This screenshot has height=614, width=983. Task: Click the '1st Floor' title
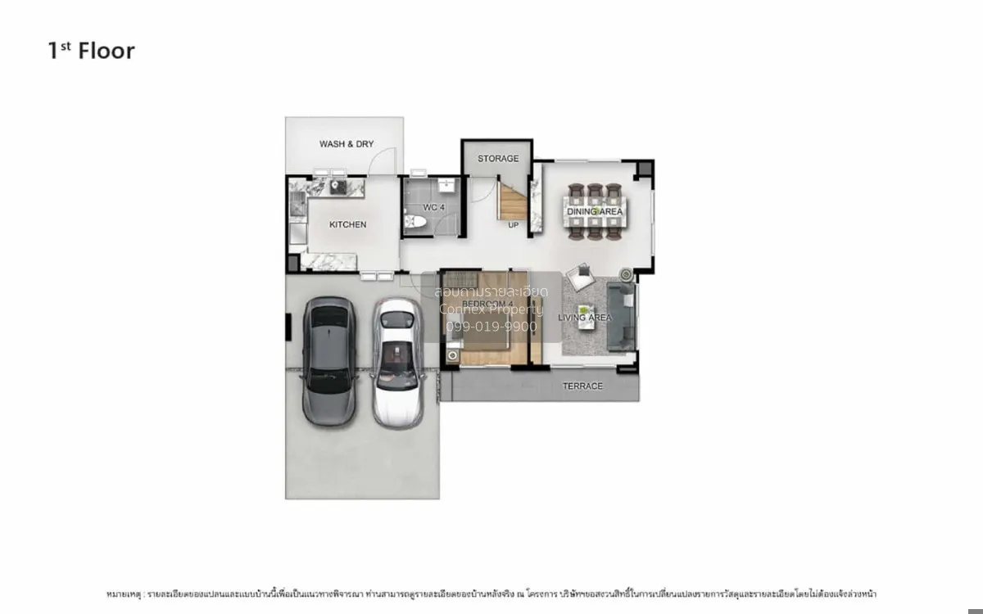[91, 51]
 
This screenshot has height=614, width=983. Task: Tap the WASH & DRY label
[346, 144]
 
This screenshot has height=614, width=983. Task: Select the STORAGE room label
[498, 158]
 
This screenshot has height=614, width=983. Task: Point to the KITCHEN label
[347, 224]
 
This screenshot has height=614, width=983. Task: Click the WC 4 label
[433, 208]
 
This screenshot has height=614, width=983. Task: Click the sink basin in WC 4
[446, 183]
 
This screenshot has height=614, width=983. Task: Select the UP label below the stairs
[514, 225]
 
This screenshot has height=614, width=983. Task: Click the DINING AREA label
[595, 212]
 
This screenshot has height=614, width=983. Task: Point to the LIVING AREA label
[585, 317]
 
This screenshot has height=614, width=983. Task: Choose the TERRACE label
[582, 386]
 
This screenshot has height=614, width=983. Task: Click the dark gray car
[328, 360]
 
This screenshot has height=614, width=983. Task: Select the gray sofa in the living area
[626, 315]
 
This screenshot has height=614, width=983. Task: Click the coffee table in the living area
[587, 315]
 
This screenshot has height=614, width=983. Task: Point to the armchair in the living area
[582, 277]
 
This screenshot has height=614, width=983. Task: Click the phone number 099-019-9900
[491, 327]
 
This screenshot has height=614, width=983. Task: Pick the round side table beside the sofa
[626, 274]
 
